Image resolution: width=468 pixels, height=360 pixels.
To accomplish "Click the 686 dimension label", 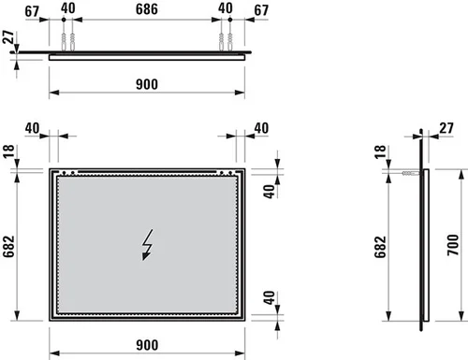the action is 146,9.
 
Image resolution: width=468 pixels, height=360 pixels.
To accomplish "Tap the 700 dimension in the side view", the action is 453,245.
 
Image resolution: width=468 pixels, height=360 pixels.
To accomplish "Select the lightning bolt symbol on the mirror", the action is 147,245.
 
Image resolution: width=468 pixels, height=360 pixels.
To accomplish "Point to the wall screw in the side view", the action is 410,173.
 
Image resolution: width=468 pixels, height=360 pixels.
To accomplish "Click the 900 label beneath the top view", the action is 147,84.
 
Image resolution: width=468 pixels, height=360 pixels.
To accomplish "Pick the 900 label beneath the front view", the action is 147,345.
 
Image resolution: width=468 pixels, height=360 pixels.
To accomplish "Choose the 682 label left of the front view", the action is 9,246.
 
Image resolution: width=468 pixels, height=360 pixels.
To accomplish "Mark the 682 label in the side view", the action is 380,247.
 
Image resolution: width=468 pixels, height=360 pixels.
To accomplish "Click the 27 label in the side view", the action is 446,128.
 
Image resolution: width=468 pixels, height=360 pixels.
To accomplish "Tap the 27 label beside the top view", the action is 8,36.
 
